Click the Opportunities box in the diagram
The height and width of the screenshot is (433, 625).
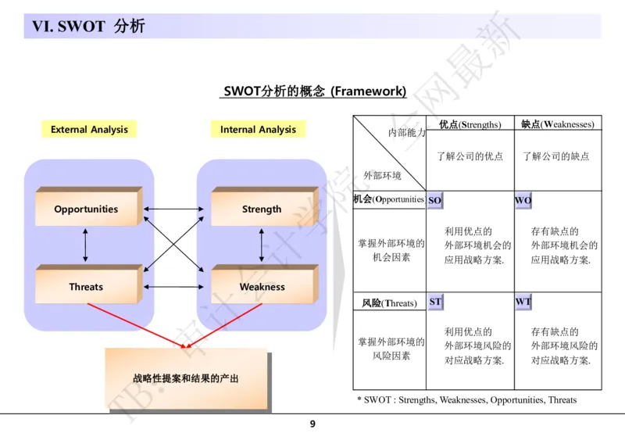pos(86,209)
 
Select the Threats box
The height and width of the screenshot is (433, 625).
pos(86,287)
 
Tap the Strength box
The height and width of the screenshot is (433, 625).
pos(262,209)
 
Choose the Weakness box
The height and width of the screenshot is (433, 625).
pos(262,287)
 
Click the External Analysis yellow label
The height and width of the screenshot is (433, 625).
pos(89,130)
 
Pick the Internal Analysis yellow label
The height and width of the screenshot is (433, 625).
pos(258,130)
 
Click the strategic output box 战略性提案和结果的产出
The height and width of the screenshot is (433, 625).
pos(185,379)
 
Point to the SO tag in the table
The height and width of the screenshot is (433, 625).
pos(435,201)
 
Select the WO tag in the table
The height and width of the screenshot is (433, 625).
pos(523,201)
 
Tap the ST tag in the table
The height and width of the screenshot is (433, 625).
pos(435,302)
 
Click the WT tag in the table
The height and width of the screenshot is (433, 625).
pos(523,302)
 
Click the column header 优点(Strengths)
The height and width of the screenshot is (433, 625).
pos(470,124)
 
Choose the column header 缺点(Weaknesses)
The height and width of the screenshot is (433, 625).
pos(557,124)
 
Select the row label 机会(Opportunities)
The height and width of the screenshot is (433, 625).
pos(389,199)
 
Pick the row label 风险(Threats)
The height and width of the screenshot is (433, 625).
pos(389,302)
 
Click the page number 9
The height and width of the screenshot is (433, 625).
pos(312,424)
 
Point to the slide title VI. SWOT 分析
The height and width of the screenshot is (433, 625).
pos(88,27)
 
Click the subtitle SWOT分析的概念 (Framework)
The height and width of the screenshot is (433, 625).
pos(315,91)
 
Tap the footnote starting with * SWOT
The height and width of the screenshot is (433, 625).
pos(466,400)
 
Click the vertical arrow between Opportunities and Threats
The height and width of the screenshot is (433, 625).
pos(85,248)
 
